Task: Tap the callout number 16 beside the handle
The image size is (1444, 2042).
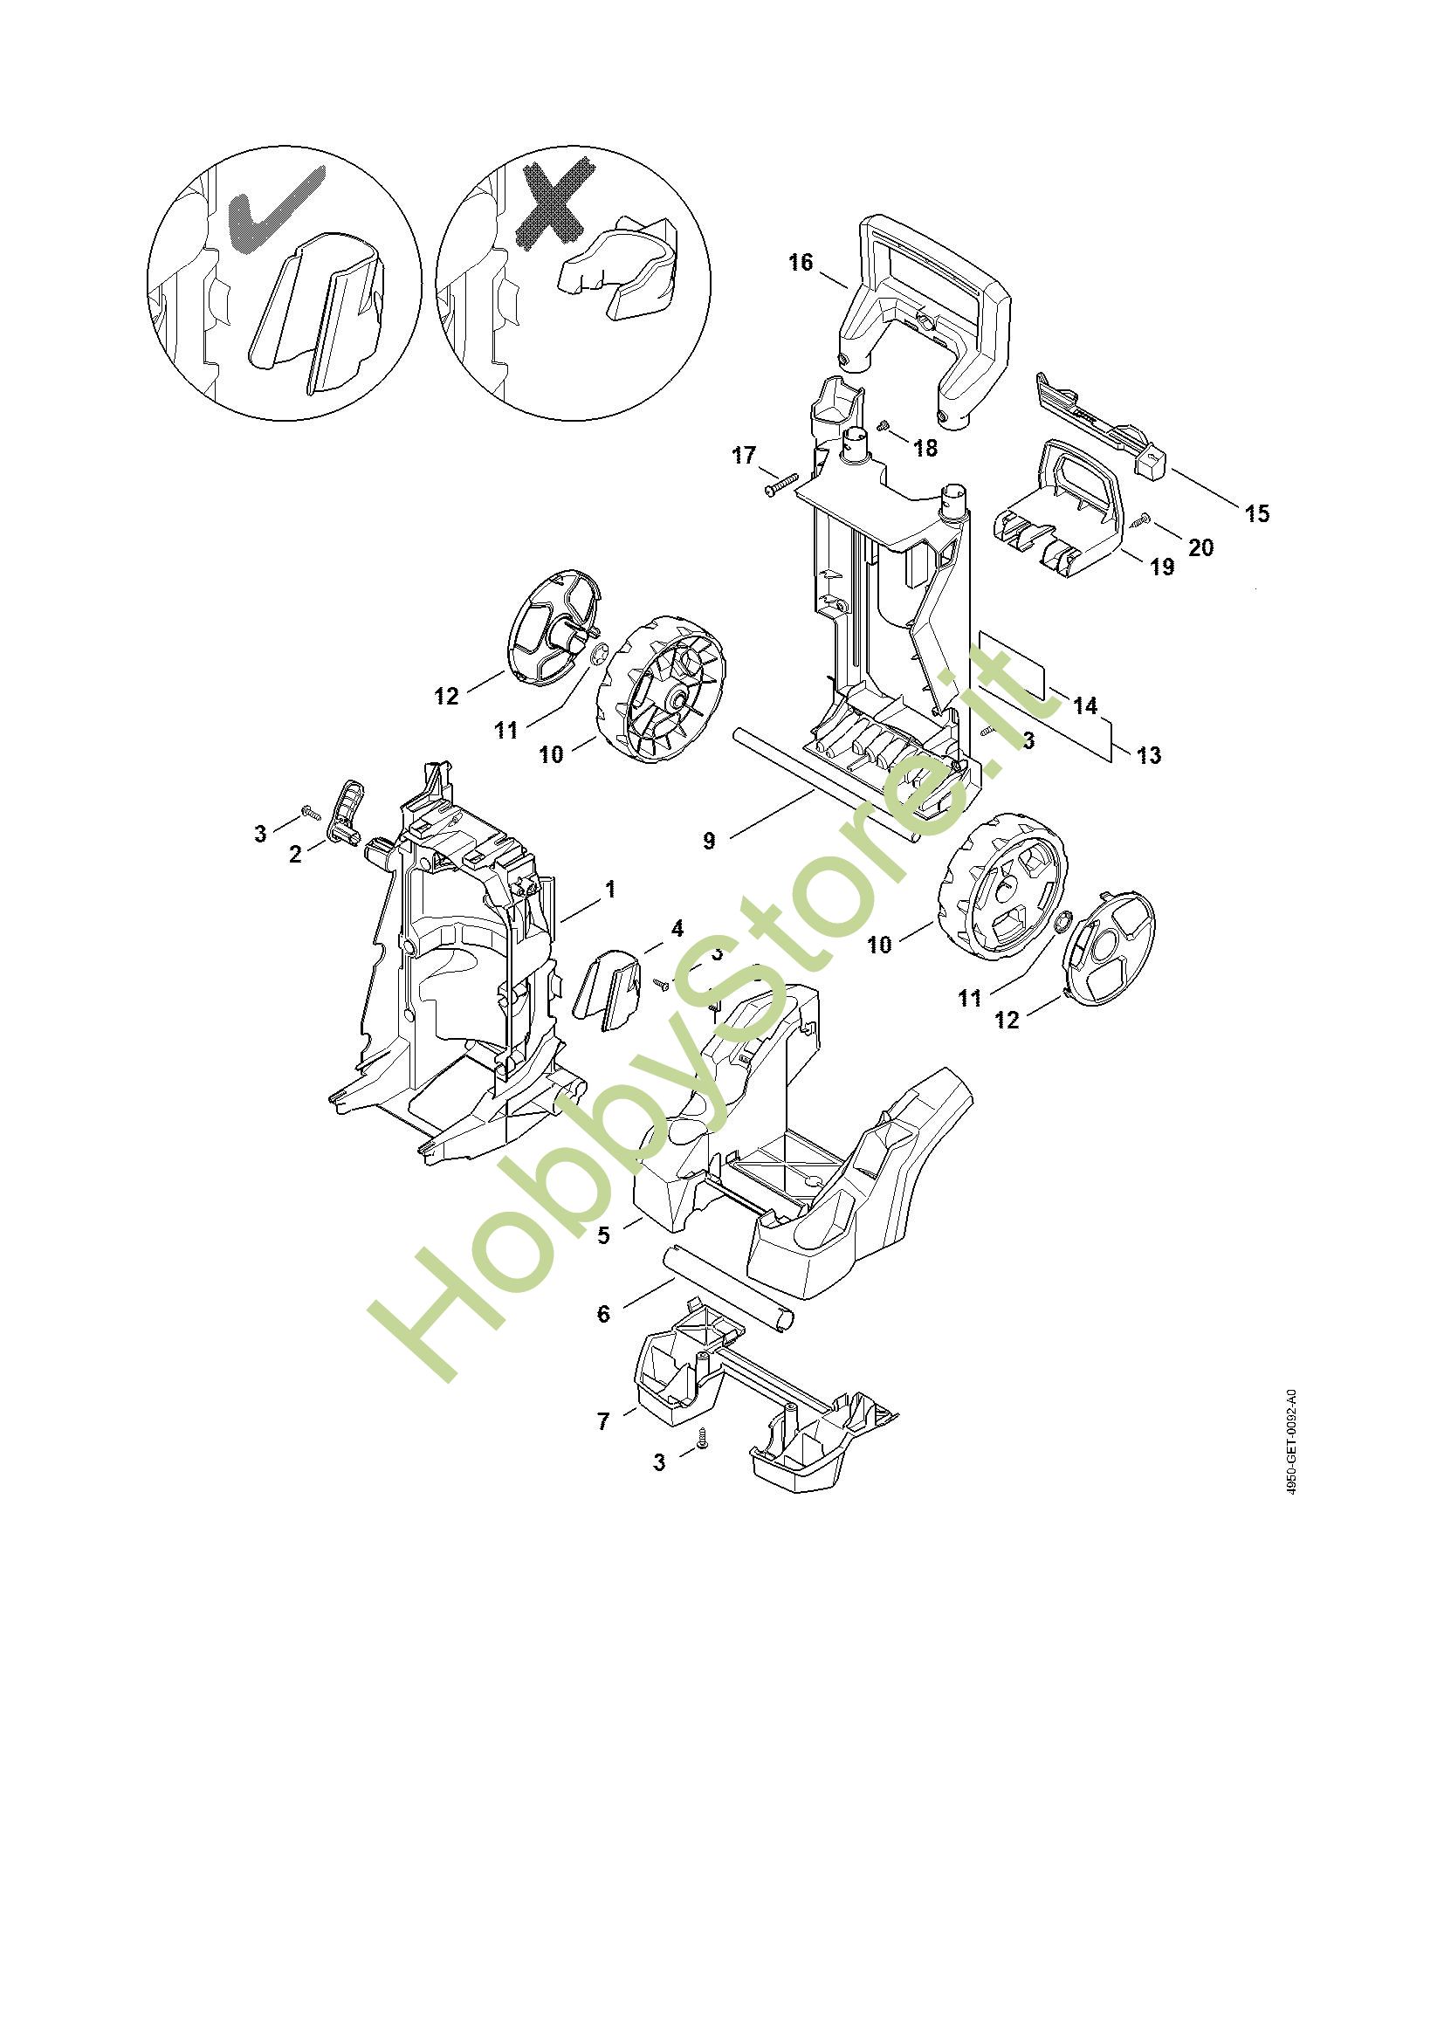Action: click(801, 263)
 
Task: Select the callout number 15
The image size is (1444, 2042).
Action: click(1257, 513)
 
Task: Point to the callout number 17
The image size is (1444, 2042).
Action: click(743, 456)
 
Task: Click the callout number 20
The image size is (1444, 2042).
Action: click(1200, 547)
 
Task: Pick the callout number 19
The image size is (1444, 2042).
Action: click(1162, 567)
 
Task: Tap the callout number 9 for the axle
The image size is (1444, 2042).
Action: click(709, 841)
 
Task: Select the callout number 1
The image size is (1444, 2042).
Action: click(610, 889)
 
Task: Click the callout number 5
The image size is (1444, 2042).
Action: click(604, 1235)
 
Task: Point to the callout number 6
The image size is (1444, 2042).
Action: click(604, 1314)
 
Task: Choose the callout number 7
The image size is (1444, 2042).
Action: click(604, 1421)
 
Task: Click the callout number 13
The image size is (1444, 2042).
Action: click(1149, 755)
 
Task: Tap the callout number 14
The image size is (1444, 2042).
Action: click(1085, 705)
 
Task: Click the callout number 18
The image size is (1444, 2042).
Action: click(925, 447)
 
